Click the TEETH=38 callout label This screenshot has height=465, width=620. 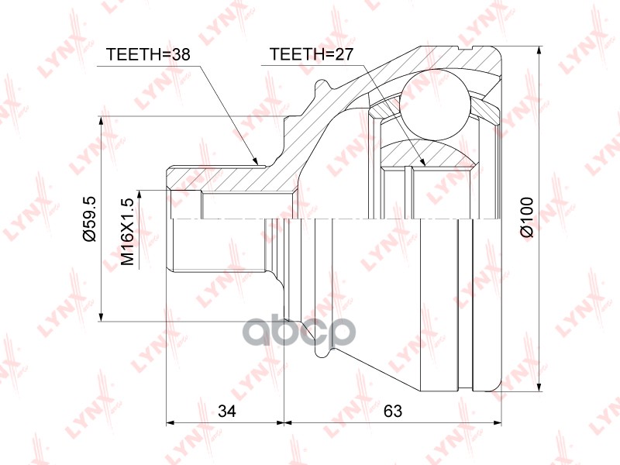pyautogui.click(x=148, y=54)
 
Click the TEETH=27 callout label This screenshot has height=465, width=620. pyautogui.click(x=312, y=54)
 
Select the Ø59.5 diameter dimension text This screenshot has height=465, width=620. pyautogui.click(x=90, y=219)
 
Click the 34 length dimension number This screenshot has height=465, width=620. pyautogui.click(x=227, y=412)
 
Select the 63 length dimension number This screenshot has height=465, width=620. pyautogui.click(x=393, y=412)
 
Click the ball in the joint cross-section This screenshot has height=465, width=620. pyautogui.click(x=435, y=105)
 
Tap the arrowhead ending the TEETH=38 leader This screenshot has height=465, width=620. pyautogui.click(x=256, y=160)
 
